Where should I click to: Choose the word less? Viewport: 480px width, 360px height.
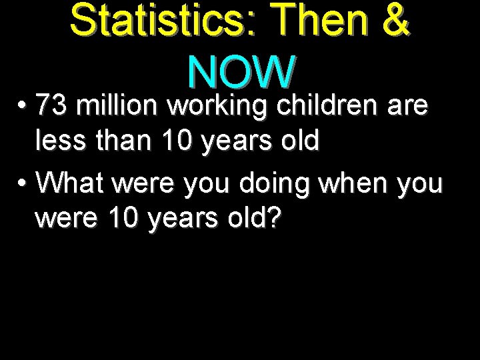[x=61, y=141]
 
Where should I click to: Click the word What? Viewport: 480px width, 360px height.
[x=72, y=183]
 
